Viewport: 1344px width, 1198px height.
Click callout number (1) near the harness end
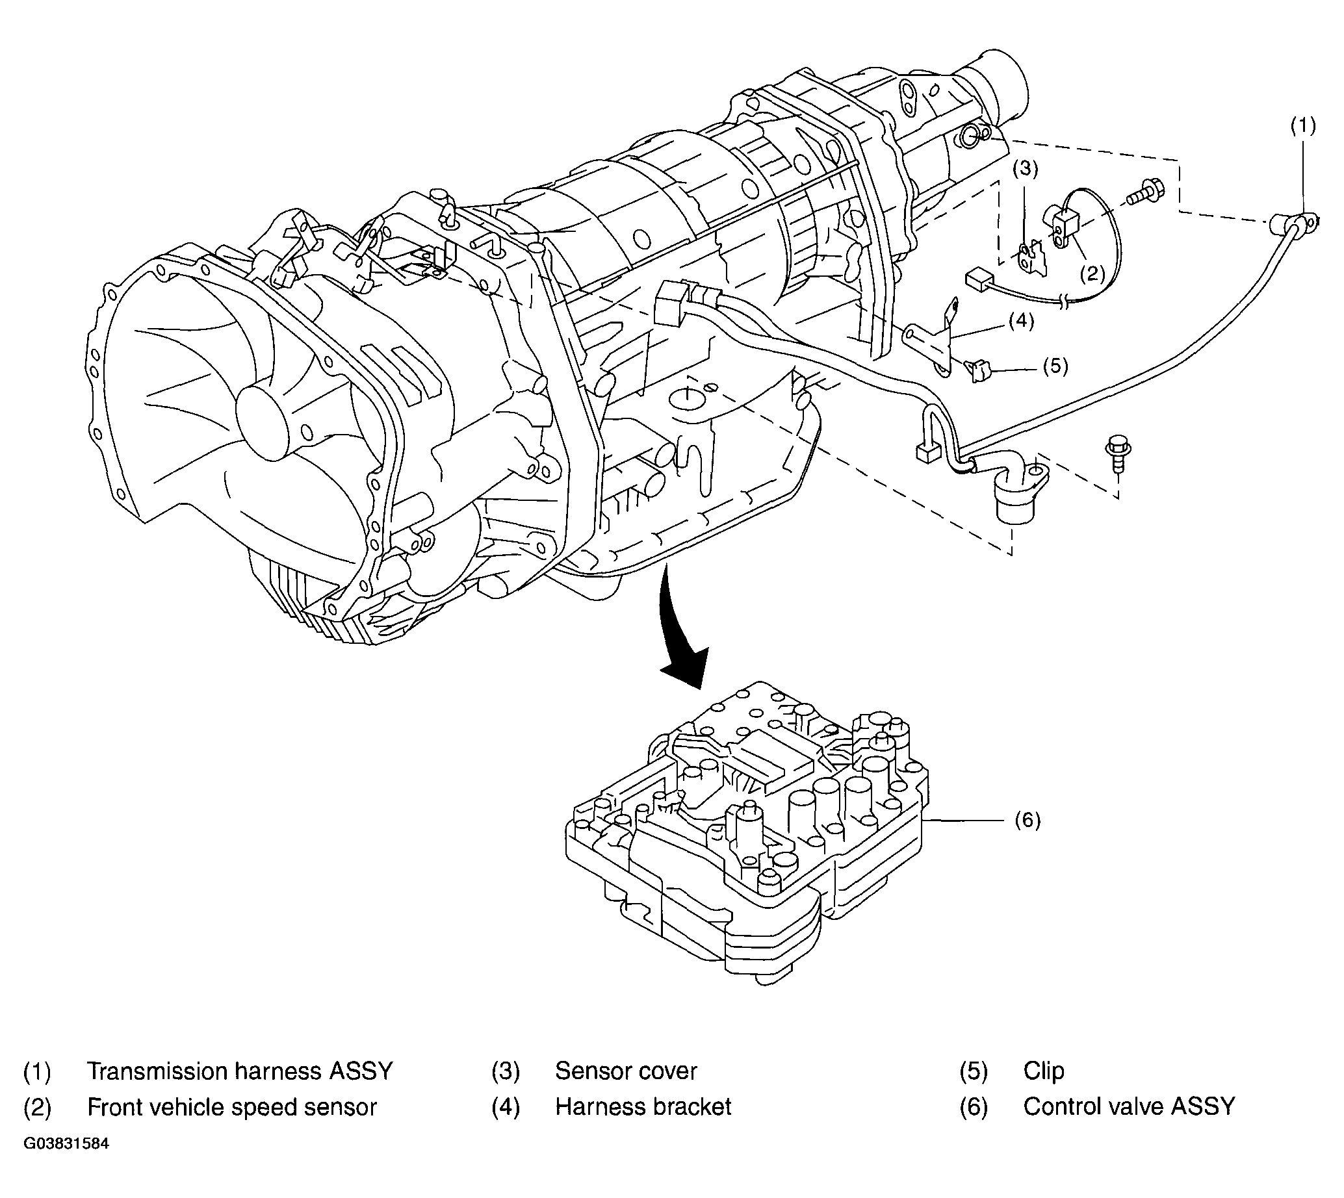(x=1302, y=127)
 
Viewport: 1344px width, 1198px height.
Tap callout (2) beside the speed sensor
(x=1092, y=273)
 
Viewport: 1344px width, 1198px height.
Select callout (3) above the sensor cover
(x=1025, y=169)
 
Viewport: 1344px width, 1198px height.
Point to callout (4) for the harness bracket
(x=1021, y=320)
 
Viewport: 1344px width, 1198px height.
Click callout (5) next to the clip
(x=1055, y=366)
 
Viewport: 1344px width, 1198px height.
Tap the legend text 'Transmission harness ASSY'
(x=240, y=1071)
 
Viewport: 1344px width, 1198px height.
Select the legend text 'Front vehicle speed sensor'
(x=232, y=1107)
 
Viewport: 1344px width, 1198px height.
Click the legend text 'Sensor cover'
(x=626, y=1071)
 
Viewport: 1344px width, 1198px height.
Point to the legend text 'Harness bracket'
(x=643, y=1107)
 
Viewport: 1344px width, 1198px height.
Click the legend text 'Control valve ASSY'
(x=1129, y=1107)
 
